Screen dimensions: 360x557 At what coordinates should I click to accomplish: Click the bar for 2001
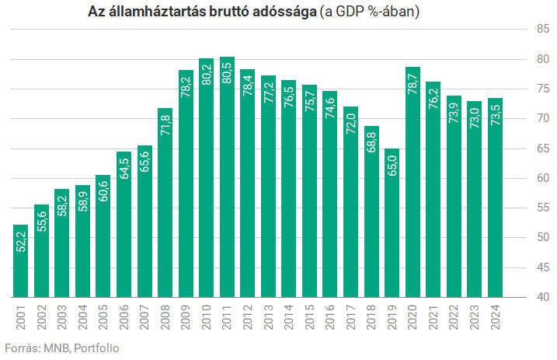pyautogui.click(x=21, y=260)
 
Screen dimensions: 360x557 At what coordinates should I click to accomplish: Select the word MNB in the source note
pyautogui.click(x=56, y=348)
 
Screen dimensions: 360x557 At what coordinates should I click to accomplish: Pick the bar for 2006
pyautogui.click(x=124, y=225)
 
